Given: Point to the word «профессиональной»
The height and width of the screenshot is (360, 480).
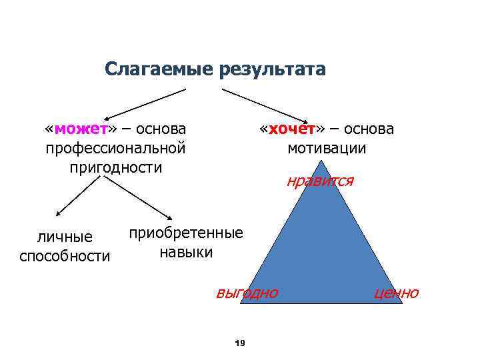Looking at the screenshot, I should coord(115,147).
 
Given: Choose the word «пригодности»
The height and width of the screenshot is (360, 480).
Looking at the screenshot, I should coord(115,167).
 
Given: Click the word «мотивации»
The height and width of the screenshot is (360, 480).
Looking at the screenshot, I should coord(327,147).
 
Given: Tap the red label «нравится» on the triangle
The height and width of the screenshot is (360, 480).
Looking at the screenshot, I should coord(321,181).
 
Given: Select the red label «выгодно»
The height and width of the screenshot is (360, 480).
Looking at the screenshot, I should coord(247,293).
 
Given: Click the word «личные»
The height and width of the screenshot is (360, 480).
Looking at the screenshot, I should coord(64,237).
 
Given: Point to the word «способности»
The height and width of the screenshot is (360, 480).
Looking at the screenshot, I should coord(65,256).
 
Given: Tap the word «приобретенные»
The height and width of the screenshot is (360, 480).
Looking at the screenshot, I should coord(186,233).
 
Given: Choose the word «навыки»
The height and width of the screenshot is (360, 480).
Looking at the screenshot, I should coord(186,252).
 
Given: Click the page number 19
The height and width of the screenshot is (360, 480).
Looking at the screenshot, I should coord(241,343).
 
